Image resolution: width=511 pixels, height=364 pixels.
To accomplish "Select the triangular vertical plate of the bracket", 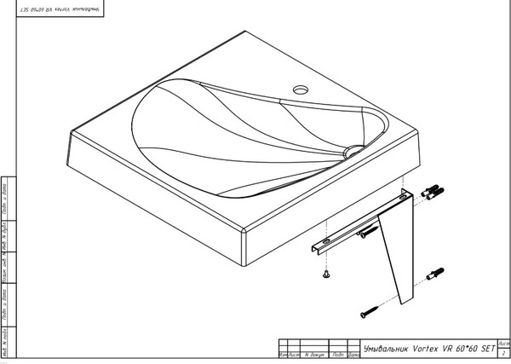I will click(397, 247).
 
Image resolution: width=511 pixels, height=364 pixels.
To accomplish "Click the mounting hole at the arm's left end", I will click(317, 248).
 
